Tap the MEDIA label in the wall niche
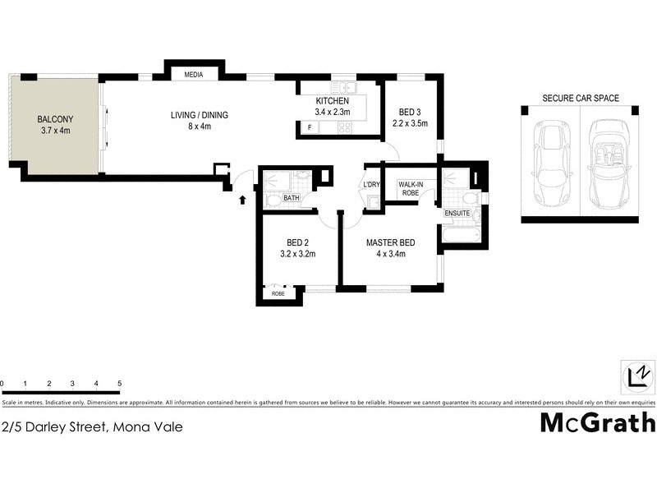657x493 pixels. (194, 75)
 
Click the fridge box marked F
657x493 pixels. (310, 127)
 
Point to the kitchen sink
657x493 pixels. (342, 87)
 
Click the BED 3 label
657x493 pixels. (410, 112)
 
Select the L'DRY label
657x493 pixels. (372, 184)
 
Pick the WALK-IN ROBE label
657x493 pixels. (411, 188)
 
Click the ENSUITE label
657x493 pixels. (457, 214)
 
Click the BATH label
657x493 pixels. (292, 198)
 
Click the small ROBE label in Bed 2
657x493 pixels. (278, 293)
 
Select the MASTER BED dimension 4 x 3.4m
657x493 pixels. (390, 254)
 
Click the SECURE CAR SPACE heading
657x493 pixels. (580, 98)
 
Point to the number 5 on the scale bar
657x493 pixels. (120, 384)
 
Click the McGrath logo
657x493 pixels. (597, 422)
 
